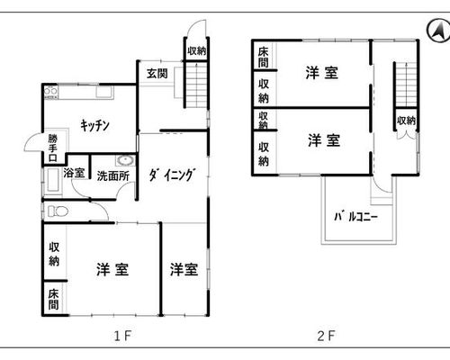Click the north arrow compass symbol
point(438,31)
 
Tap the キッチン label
point(94,125)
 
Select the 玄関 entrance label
point(157,74)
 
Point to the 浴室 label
point(74,173)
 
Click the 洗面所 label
point(112,176)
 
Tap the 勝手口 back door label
point(53,148)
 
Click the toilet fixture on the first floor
point(58,211)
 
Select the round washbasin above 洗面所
point(125,160)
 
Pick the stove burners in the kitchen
point(51,92)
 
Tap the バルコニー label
point(356,216)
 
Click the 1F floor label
point(122,336)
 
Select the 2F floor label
point(326,336)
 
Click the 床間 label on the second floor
point(263,57)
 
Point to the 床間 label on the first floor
point(53,299)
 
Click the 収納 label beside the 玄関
point(197,50)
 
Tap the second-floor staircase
point(406,85)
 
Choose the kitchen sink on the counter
point(104,92)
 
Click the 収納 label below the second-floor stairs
point(406,121)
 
